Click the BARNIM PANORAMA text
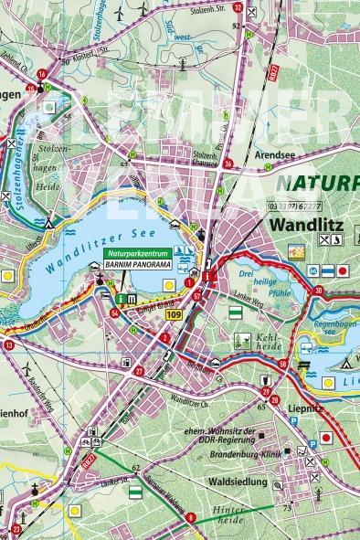136,264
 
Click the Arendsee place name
278,155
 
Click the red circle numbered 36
228,164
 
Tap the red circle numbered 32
238,7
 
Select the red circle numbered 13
8,345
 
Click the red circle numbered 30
318,291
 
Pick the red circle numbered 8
190,517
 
